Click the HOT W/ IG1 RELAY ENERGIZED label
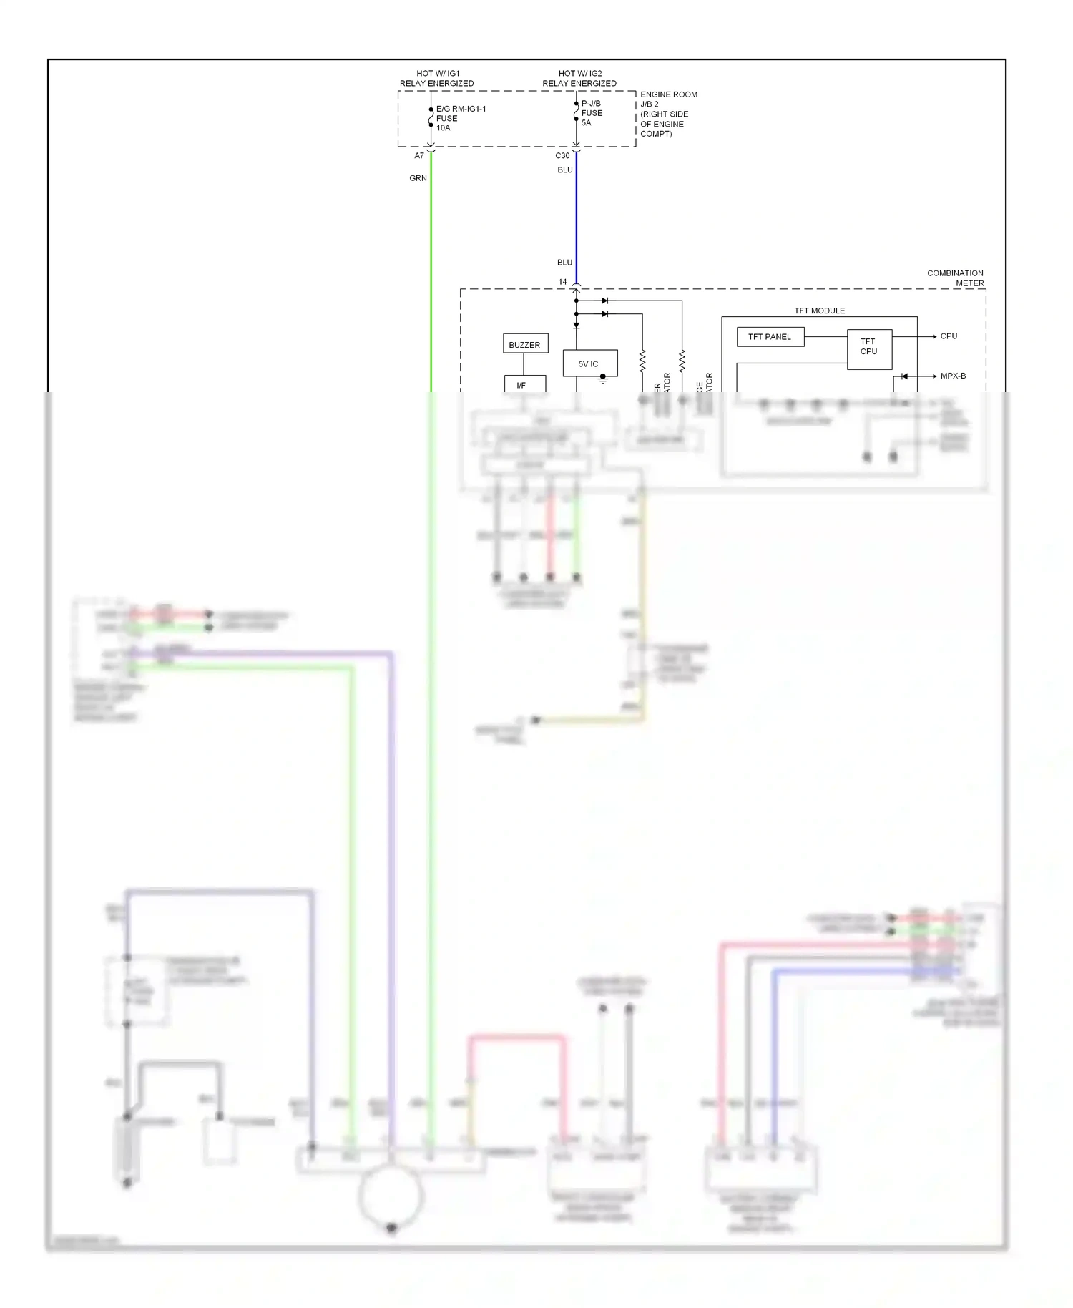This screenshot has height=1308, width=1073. pyautogui.click(x=437, y=78)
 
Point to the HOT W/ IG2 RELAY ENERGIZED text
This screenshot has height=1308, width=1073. pyautogui.click(x=579, y=78)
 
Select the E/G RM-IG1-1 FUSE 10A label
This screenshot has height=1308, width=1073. pyautogui.click(x=460, y=118)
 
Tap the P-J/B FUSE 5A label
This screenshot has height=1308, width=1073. pyautogui.click(x=592, y=113)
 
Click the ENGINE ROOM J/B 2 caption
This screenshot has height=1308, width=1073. pyautogui.click(x=668, y=114)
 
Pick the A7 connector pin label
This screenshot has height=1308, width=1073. pyautogui.click(x=419, y=155)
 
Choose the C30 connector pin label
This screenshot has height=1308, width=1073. pyautogui.click(x=562, y=155)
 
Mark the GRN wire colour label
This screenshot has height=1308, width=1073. pyautogui.click(x=418, y=178)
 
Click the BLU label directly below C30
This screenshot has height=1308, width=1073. pyautogui.click(x=565, y=170)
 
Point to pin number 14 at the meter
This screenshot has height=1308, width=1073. pyautogui.click(x=562, y=282)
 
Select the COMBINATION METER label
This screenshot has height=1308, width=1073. pyautogui.click(x=955, y=278)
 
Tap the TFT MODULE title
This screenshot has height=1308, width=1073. pyautogui.click(x=819, y=311)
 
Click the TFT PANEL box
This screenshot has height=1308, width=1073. pyautogui.click(x=770, y=337)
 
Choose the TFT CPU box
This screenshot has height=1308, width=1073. pyautogui.click(x=868, y=347)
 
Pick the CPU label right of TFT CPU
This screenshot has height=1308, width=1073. pyautogui.click(x=949, y=336)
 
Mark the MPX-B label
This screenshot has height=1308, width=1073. pyautogui.click(x=953, y=376)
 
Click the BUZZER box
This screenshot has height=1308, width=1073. pyautogui.click(x=524, y=345)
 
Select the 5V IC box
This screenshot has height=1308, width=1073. pyautogui.click(x=589, y=363)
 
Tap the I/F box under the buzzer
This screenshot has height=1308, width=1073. pyautogui.click(x=522, y=385)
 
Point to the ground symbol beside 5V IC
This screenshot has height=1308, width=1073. pyautogui.click(x=603, y=379)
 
